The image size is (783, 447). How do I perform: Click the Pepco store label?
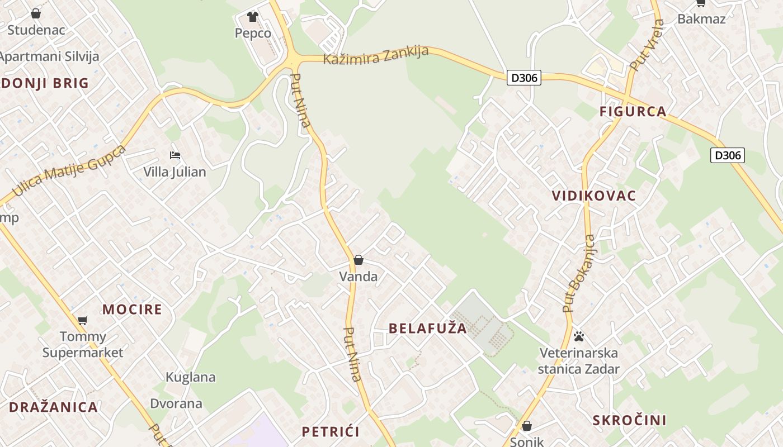tap(253, 34)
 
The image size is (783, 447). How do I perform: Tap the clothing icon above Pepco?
tap(253, 17)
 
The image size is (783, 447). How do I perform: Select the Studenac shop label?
tap(36, 30)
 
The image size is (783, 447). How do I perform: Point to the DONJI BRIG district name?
tap(45, 84)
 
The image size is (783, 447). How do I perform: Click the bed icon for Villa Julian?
tap(175, 155)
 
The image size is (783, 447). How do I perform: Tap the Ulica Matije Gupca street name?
tap(68, 170)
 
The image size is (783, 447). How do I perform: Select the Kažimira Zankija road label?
tap(376, 55)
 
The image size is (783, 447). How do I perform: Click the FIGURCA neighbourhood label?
tap(633, 112)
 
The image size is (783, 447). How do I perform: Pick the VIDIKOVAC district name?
tap(593, 196)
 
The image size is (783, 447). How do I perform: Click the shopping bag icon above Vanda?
tap(359, 260)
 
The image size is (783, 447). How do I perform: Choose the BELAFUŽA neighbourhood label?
tap(427, 329)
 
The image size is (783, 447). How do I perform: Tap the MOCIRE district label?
tap(132, 310)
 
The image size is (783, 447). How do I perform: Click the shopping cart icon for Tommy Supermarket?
tap(83, 320)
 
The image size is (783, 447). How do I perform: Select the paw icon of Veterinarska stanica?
tap(579, 336)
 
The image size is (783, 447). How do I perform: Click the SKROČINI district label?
tap(629, 421)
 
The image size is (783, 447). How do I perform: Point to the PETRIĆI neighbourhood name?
tap(330, 432)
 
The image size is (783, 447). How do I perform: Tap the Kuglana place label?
tap(191, 377)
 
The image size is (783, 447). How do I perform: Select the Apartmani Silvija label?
tap(49, 56)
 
